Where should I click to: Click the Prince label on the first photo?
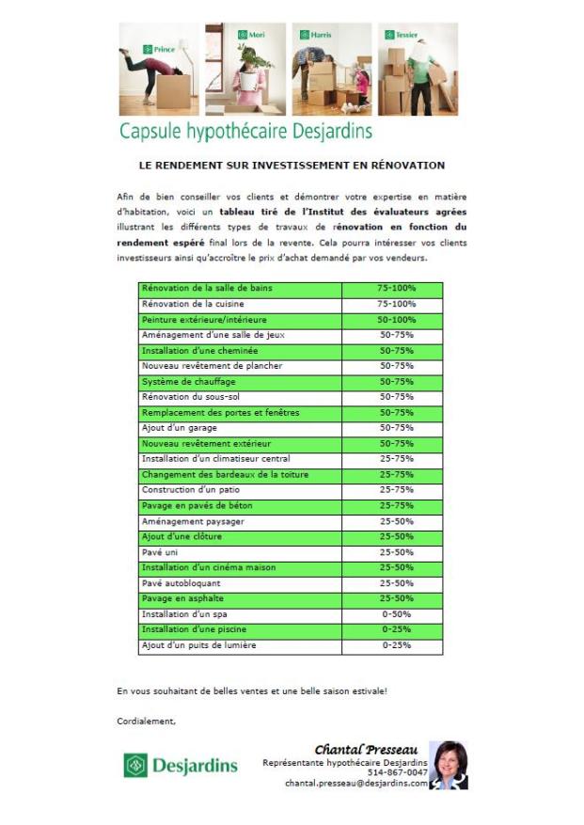pyautogui.click(x=160, y=48)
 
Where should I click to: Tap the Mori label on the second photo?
pyautogui.click(x=251, y=35)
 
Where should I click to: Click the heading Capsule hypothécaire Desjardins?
pyautogui.click(x=245, y=130)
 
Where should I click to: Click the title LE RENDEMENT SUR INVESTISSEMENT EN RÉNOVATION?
pyautogui.click(x=291, y=166)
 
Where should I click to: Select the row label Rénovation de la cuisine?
pyautogui.click(x=193, y=304)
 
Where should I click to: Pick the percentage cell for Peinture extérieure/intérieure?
pyautogui.click(x=397, y=320)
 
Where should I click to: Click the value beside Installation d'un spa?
pyautogui.click(x=397, y=614)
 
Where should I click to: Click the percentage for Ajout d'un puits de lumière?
pyautogui.click(x=397, y=645)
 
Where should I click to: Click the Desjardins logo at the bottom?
pyautogui.click(x=181, y=765)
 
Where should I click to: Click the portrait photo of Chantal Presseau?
pyautogui.click(x=449, y=764)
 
